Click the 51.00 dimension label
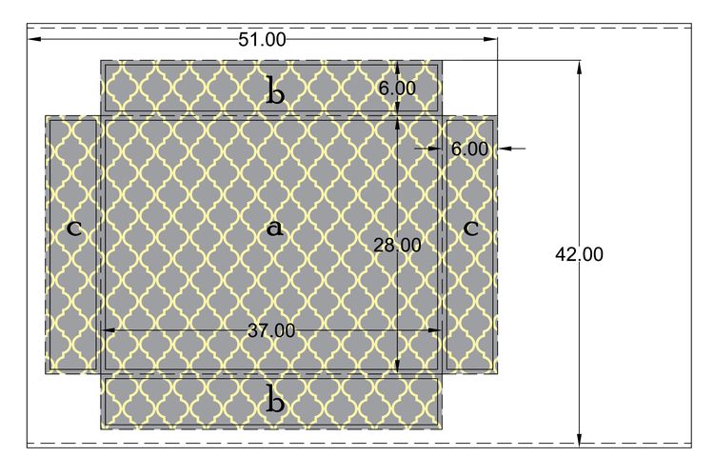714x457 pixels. pos(263,40)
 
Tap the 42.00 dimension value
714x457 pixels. pos(579,254)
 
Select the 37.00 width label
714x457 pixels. pos(271,330)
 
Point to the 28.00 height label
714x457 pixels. pos(397,246)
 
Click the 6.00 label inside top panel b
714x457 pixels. pos(397,88)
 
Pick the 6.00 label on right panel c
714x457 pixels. pos(469,149)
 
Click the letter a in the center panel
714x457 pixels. pos(274,228)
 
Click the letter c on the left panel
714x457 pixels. pos(74,228)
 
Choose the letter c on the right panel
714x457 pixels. pos(471,228)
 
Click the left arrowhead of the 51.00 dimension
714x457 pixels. pos(35,39)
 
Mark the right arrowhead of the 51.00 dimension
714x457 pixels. pos(490,39)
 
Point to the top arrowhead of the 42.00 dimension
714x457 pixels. pos(579,68)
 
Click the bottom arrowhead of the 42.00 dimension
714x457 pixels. pos(579,440)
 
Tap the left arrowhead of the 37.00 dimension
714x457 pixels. pos(108,330)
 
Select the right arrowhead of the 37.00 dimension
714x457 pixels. pos(435,330)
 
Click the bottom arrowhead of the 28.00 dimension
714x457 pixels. pos(397,366)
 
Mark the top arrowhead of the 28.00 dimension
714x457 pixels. pos(397,125)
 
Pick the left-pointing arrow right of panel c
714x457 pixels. pos(512,148)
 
